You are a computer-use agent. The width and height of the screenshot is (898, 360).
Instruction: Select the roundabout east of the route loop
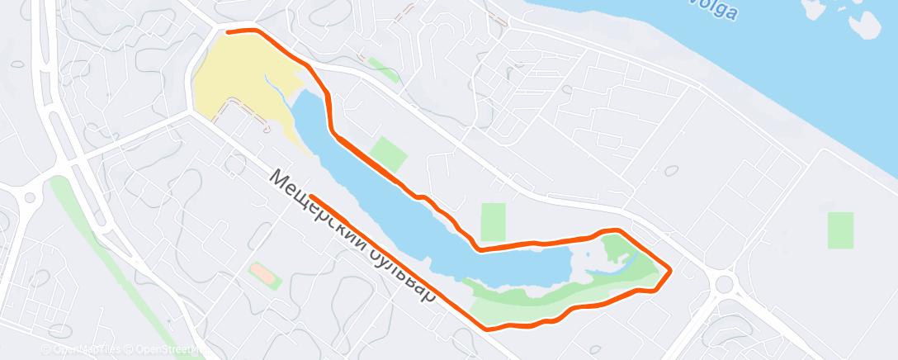(x=725, y=285)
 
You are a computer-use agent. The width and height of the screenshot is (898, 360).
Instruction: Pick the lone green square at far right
(x=840, y=230)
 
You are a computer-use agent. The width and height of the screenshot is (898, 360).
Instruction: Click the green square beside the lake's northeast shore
(x=389, y=153)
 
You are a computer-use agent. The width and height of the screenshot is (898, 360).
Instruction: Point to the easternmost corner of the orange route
(x=669, y=270)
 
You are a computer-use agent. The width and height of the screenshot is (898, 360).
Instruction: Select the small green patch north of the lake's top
(x=380, y=69)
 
